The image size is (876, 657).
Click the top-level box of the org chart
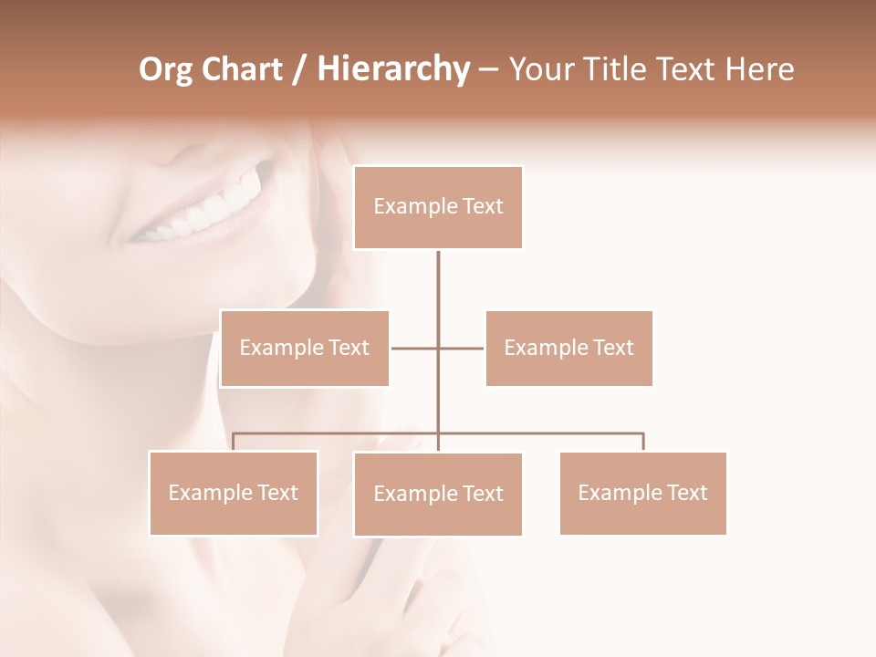click(x=438, y=207)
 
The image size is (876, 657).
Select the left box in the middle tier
click(x=305, y=348)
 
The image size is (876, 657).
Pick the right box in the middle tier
click(x=568, y=348)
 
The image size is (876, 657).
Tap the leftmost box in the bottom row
click(x=234, y=493)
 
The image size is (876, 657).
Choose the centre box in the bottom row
click(x=438, y=494)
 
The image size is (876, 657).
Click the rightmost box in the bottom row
click(x=643, y=493)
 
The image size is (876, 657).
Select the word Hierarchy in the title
click(x=393, y=69)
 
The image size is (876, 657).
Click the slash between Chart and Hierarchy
click(x=299, y=69)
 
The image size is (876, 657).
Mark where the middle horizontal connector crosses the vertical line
click(x=438, y=348)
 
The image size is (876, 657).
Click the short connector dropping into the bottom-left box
click(x=234, y=442)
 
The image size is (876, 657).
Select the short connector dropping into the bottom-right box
click(x=643, y=442)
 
